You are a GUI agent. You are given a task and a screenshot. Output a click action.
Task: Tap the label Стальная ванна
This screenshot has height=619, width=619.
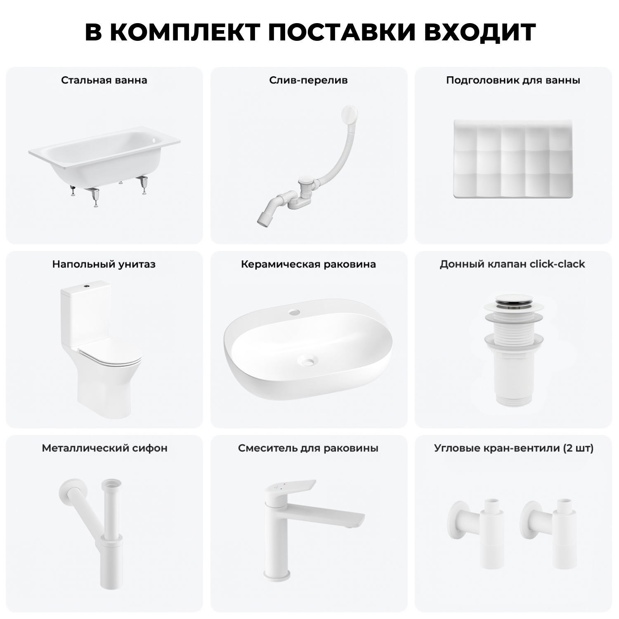104,80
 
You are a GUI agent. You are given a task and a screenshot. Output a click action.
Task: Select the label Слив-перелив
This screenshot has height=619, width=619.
308,80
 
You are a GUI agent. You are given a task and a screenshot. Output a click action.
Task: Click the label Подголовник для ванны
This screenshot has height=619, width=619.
513,80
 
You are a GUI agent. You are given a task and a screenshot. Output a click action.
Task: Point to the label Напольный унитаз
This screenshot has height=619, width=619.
104,264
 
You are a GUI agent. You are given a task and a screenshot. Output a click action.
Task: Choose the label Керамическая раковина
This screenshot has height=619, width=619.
308,264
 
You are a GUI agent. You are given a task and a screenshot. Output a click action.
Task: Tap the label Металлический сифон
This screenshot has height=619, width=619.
104,448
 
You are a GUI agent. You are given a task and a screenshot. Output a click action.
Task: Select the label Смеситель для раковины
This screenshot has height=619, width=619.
308,448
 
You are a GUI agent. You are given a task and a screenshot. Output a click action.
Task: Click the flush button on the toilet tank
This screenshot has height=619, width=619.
87,285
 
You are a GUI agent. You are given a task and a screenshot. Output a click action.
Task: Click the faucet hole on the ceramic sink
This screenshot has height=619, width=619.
294,312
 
